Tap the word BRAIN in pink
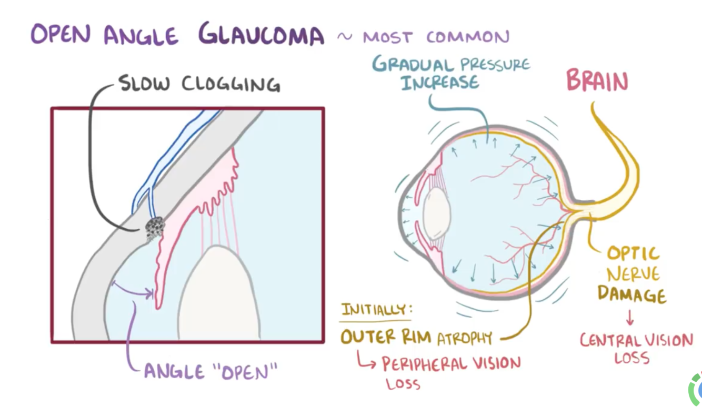597,83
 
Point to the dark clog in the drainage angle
155,228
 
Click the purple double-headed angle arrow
133,289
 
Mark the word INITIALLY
376,310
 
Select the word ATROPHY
465,337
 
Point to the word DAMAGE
631,294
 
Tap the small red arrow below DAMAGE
629,317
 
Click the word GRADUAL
413,65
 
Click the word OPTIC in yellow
633,254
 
